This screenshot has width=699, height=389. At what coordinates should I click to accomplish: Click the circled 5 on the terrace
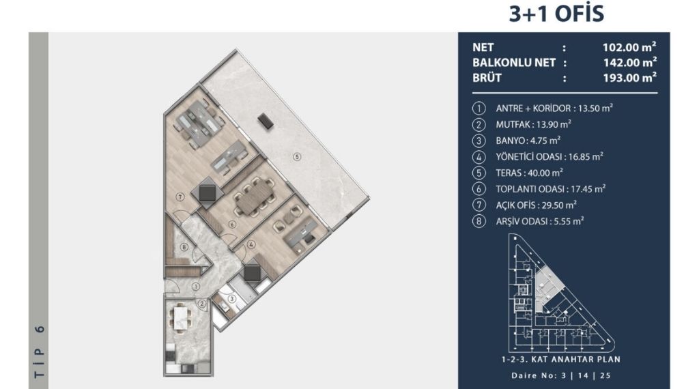point(297,156)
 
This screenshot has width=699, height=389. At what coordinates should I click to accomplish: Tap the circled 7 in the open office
point(180,197)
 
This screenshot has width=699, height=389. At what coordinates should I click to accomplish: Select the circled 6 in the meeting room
point(232,225)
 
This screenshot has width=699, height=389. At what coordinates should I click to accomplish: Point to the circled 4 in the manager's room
point(251,244)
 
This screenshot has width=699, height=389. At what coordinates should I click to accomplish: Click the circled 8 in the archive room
point(184,247)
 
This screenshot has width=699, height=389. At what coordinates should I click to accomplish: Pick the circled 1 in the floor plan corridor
point(196,287)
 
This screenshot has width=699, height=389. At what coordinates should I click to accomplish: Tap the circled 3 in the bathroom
point(232,299)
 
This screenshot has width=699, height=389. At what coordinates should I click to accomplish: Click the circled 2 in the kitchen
point(202,304)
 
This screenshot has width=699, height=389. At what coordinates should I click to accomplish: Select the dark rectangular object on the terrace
point(266,121)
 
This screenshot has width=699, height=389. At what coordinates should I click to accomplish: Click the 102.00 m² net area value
point(629,47)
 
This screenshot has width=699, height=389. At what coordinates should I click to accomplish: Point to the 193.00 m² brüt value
point(629,78)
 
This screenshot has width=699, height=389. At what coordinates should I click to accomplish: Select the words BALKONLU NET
point(513,62)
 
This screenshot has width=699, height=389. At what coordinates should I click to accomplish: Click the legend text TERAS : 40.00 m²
point(529,173)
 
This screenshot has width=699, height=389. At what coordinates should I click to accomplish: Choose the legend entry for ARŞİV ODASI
point(540,221)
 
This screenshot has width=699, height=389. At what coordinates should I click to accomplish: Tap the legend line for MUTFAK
point(533,124)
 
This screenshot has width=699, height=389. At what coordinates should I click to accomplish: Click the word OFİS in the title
point(579,14)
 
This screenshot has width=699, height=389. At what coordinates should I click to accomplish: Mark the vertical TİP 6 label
point(40,352)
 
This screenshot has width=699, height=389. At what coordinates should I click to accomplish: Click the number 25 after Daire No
point(605,375)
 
